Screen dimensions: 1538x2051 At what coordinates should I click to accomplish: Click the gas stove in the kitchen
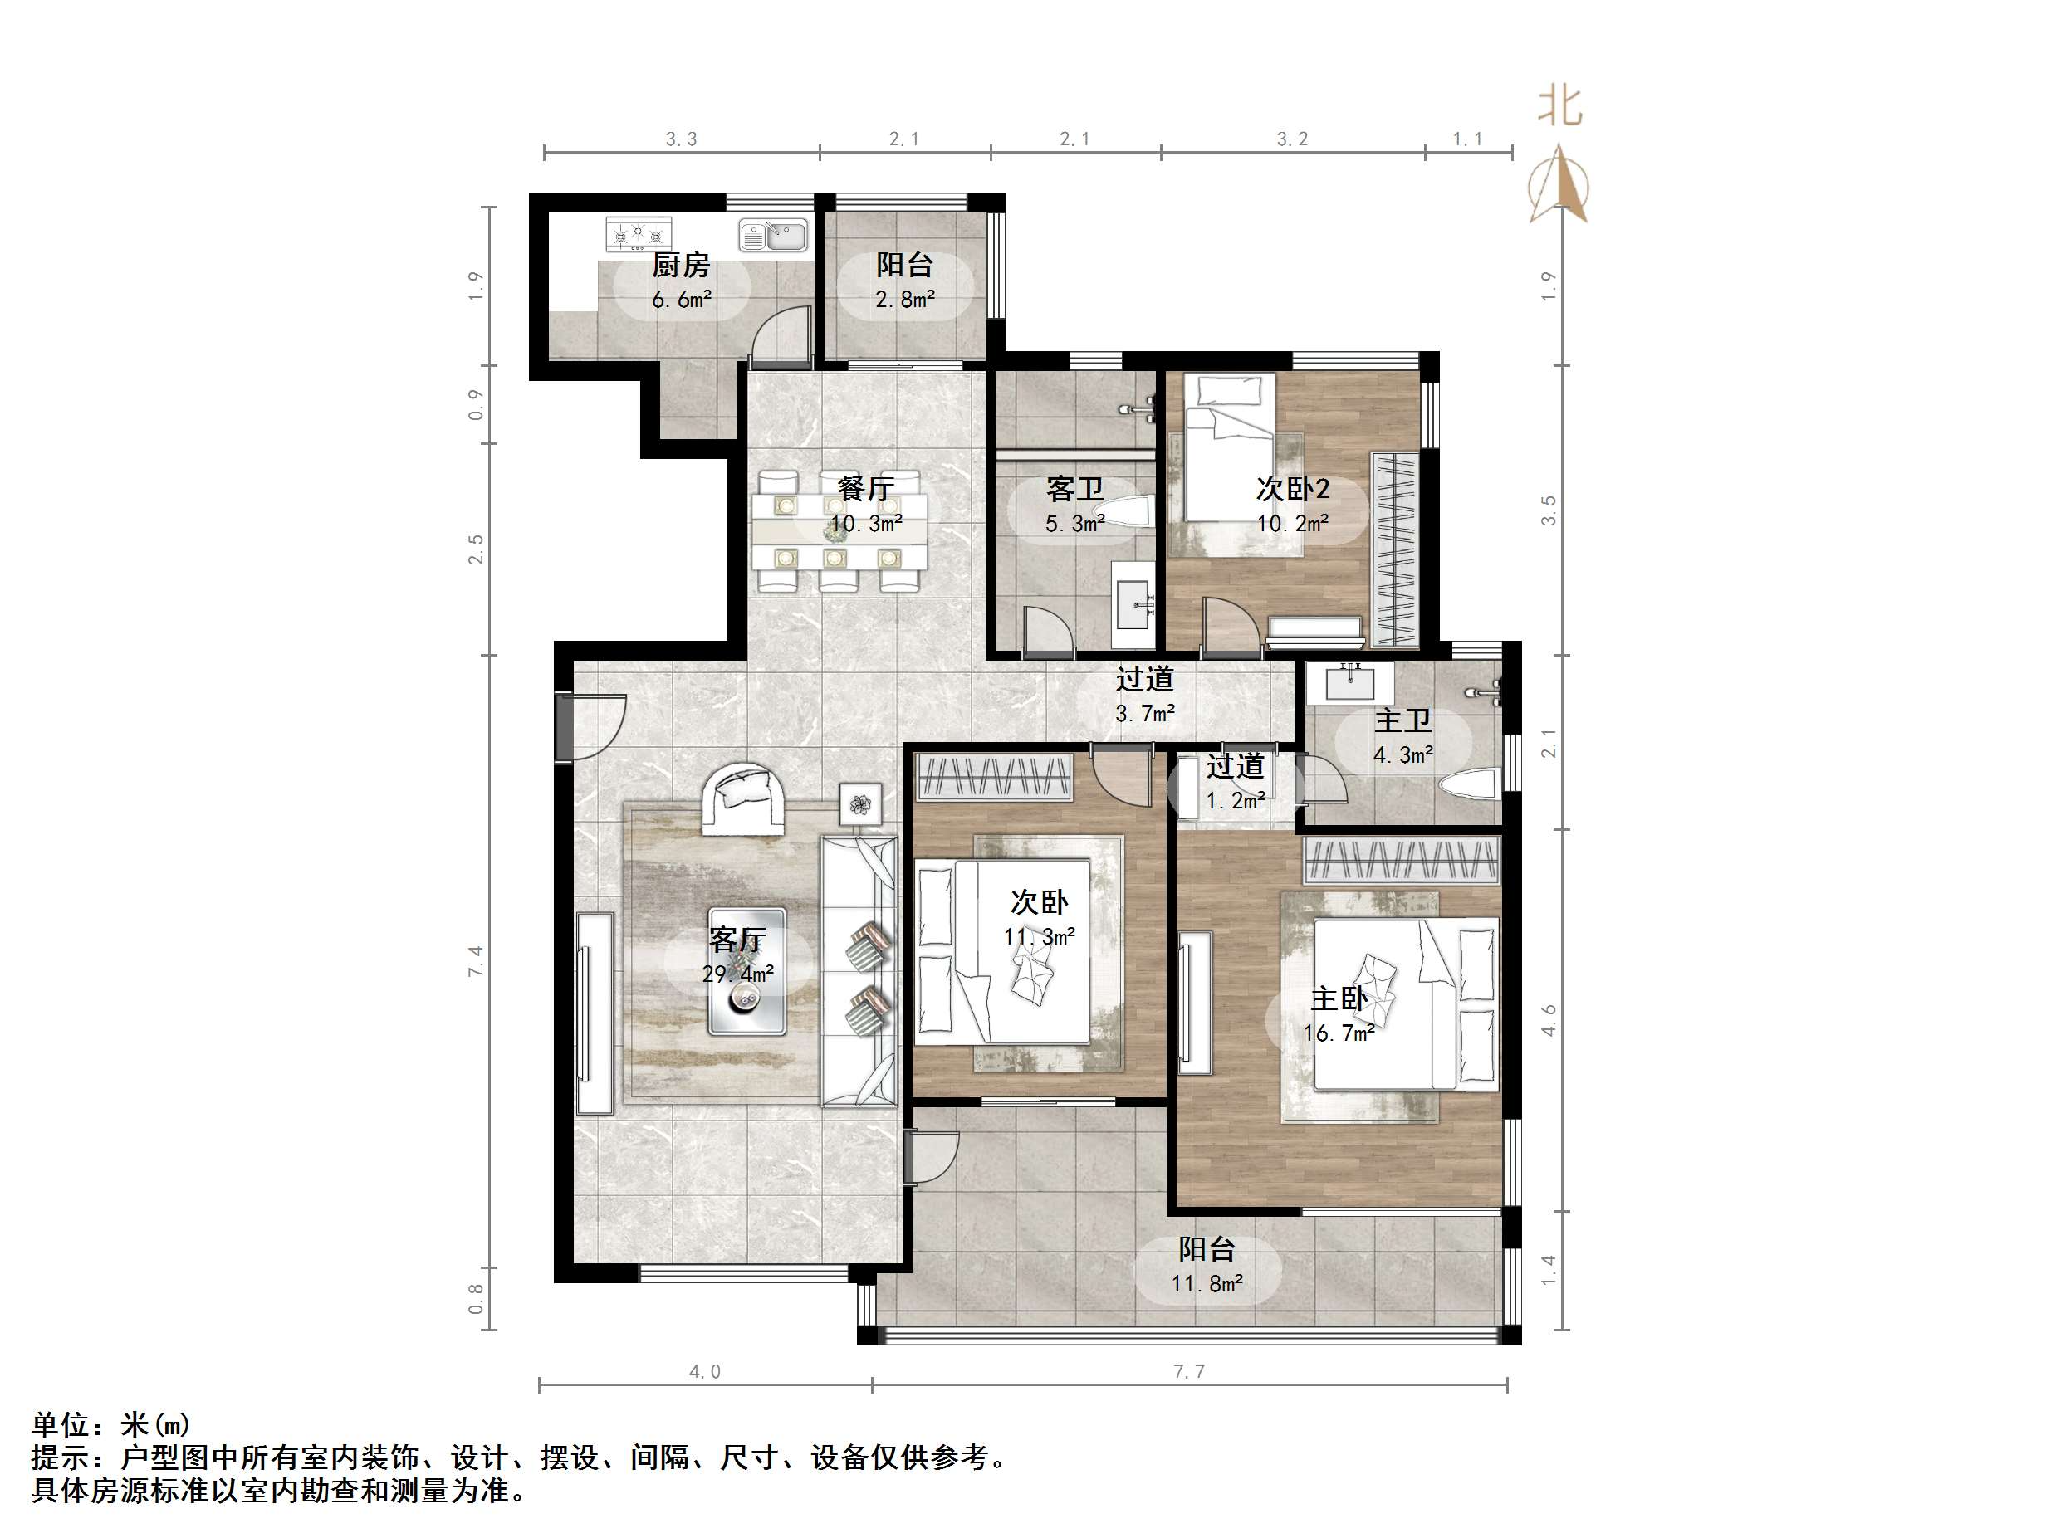pos(638,235)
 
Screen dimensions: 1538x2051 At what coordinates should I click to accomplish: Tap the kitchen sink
pos(773,236)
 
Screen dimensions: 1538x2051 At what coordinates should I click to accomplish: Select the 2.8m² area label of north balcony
pos(904,300)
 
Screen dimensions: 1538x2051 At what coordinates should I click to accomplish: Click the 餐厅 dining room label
pos(865,488)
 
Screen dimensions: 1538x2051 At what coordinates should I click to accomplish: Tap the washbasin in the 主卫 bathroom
pos(1349,683)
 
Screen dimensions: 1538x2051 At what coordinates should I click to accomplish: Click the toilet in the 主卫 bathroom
pos(1469,785)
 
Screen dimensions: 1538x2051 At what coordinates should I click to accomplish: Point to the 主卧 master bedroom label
pos(1338,998)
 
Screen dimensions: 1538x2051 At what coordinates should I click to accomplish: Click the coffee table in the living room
pos(746,970)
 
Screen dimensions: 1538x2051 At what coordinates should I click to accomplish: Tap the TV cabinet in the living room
pos(594,1013)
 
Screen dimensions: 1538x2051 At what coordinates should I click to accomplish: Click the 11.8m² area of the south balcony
pos(1207,1283)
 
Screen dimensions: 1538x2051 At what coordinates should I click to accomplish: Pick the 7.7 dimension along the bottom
pos(1189,1371)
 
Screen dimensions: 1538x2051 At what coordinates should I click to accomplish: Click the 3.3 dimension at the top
pos(681,139)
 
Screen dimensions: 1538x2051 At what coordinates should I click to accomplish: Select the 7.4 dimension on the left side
pos(477,960)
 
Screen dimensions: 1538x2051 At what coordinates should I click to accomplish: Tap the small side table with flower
pos(860,803)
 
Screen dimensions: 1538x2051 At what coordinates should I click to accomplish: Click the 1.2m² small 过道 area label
pos(1234,800)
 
